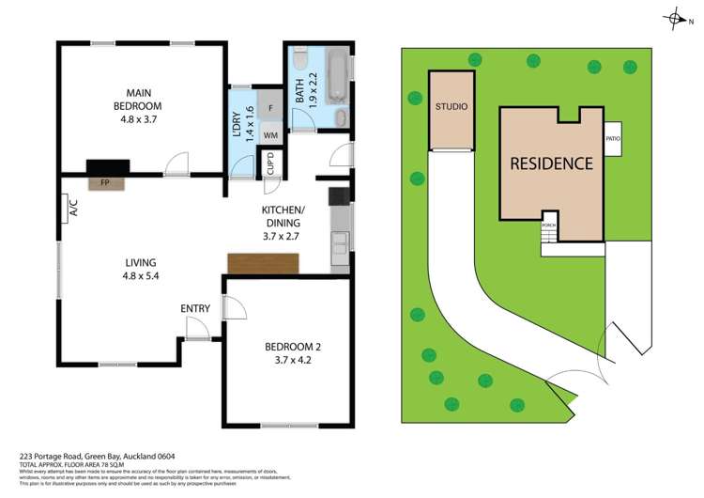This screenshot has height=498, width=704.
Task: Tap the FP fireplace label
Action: click(102, 183)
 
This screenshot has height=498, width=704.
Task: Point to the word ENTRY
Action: click(195, 308)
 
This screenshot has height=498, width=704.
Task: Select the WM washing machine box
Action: click(270, 136)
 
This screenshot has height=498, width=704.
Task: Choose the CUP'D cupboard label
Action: click(271, 168)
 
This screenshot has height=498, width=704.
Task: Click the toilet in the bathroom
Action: click(298, 61)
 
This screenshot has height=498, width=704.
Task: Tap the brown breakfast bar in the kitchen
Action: click(264, 265)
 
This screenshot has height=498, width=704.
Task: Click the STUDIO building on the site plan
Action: click(451, 109)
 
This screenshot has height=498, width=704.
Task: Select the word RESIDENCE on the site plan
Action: click(551, 163)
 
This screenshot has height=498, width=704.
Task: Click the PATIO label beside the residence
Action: click(613, 140)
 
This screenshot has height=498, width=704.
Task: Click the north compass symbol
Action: click(674, 17)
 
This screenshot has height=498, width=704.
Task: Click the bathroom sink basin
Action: click(341, 117)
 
